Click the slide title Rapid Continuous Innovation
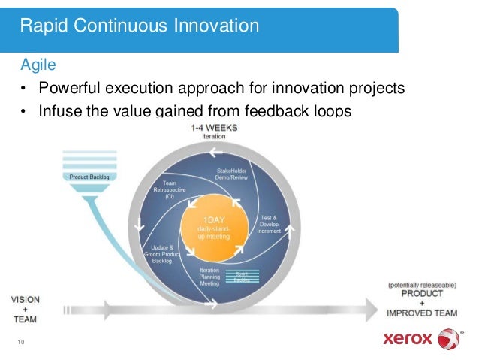140,26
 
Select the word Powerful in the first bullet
71,88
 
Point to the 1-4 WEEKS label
214,128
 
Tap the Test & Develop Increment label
269,222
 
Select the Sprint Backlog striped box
242,277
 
